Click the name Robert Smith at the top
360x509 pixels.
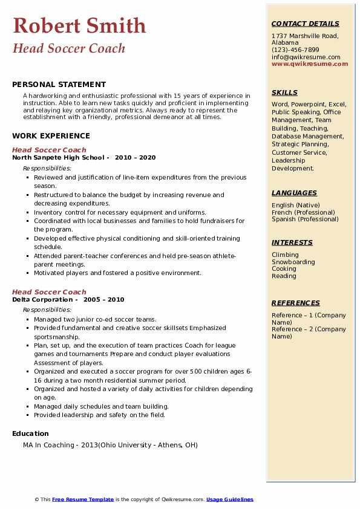click(x=79, y=25)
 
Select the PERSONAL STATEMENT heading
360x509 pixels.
click(x=59, y=85)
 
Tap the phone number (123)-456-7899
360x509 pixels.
click(x=295, y=50)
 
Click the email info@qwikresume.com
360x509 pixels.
click(x=306, y=57)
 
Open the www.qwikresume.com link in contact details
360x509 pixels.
click(x=310, y=63)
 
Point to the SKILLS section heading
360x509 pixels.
click(x=284, y=92)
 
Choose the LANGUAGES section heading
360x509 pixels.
click(x=294, y=193)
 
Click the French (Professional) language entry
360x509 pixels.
click(x=304, y=212)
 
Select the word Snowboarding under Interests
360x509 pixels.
click(x=293, y=262)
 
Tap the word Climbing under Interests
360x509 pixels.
click(x=285, y=255)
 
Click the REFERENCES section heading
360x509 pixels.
click(x=295, y=303)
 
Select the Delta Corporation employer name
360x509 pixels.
click(x=42, y=300)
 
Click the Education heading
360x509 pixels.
click(x=30, y=433)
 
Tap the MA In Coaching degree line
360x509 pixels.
click(x=110, y=446)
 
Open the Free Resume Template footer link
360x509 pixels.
click(x=83, y=499)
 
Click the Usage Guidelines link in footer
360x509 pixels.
click(x=229, y=499)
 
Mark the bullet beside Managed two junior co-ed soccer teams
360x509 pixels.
click(x=28, y=320)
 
